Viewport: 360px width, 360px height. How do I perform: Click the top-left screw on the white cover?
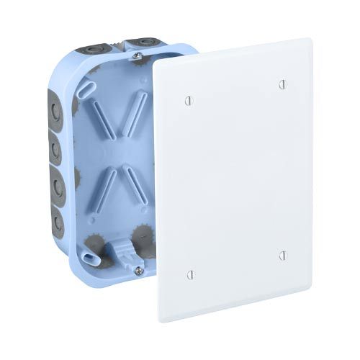point(189,100)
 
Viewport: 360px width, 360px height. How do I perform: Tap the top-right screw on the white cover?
point(282,84)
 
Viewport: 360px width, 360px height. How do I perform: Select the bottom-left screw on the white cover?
point(190,274)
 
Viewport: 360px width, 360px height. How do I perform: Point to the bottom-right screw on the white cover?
point(282,255)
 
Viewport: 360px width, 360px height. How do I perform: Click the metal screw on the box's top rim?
point(136,55)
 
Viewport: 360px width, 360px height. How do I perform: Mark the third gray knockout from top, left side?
point(55,184)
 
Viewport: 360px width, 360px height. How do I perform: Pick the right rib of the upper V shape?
point(135,116)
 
